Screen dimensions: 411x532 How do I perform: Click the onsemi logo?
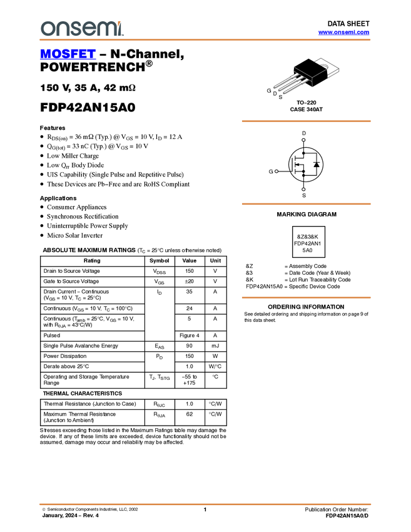click(82, 28)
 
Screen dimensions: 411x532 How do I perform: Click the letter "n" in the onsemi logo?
click(60, 29)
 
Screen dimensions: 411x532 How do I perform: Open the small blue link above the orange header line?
click(343, 33)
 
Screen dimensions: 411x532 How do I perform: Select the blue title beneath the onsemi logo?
click(68, 54)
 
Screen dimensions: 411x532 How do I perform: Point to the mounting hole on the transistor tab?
click(324, 65)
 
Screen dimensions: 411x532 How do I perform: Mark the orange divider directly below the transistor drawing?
click(306, 121)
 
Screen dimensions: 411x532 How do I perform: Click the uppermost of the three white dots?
click(303, 140)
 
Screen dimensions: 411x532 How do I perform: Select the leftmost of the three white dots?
click(277, 171)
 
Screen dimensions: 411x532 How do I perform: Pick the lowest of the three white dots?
click(303, 189)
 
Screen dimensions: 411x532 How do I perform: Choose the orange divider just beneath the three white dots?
click(306, 204)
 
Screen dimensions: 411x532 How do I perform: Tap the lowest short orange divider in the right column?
click(306, 298)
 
